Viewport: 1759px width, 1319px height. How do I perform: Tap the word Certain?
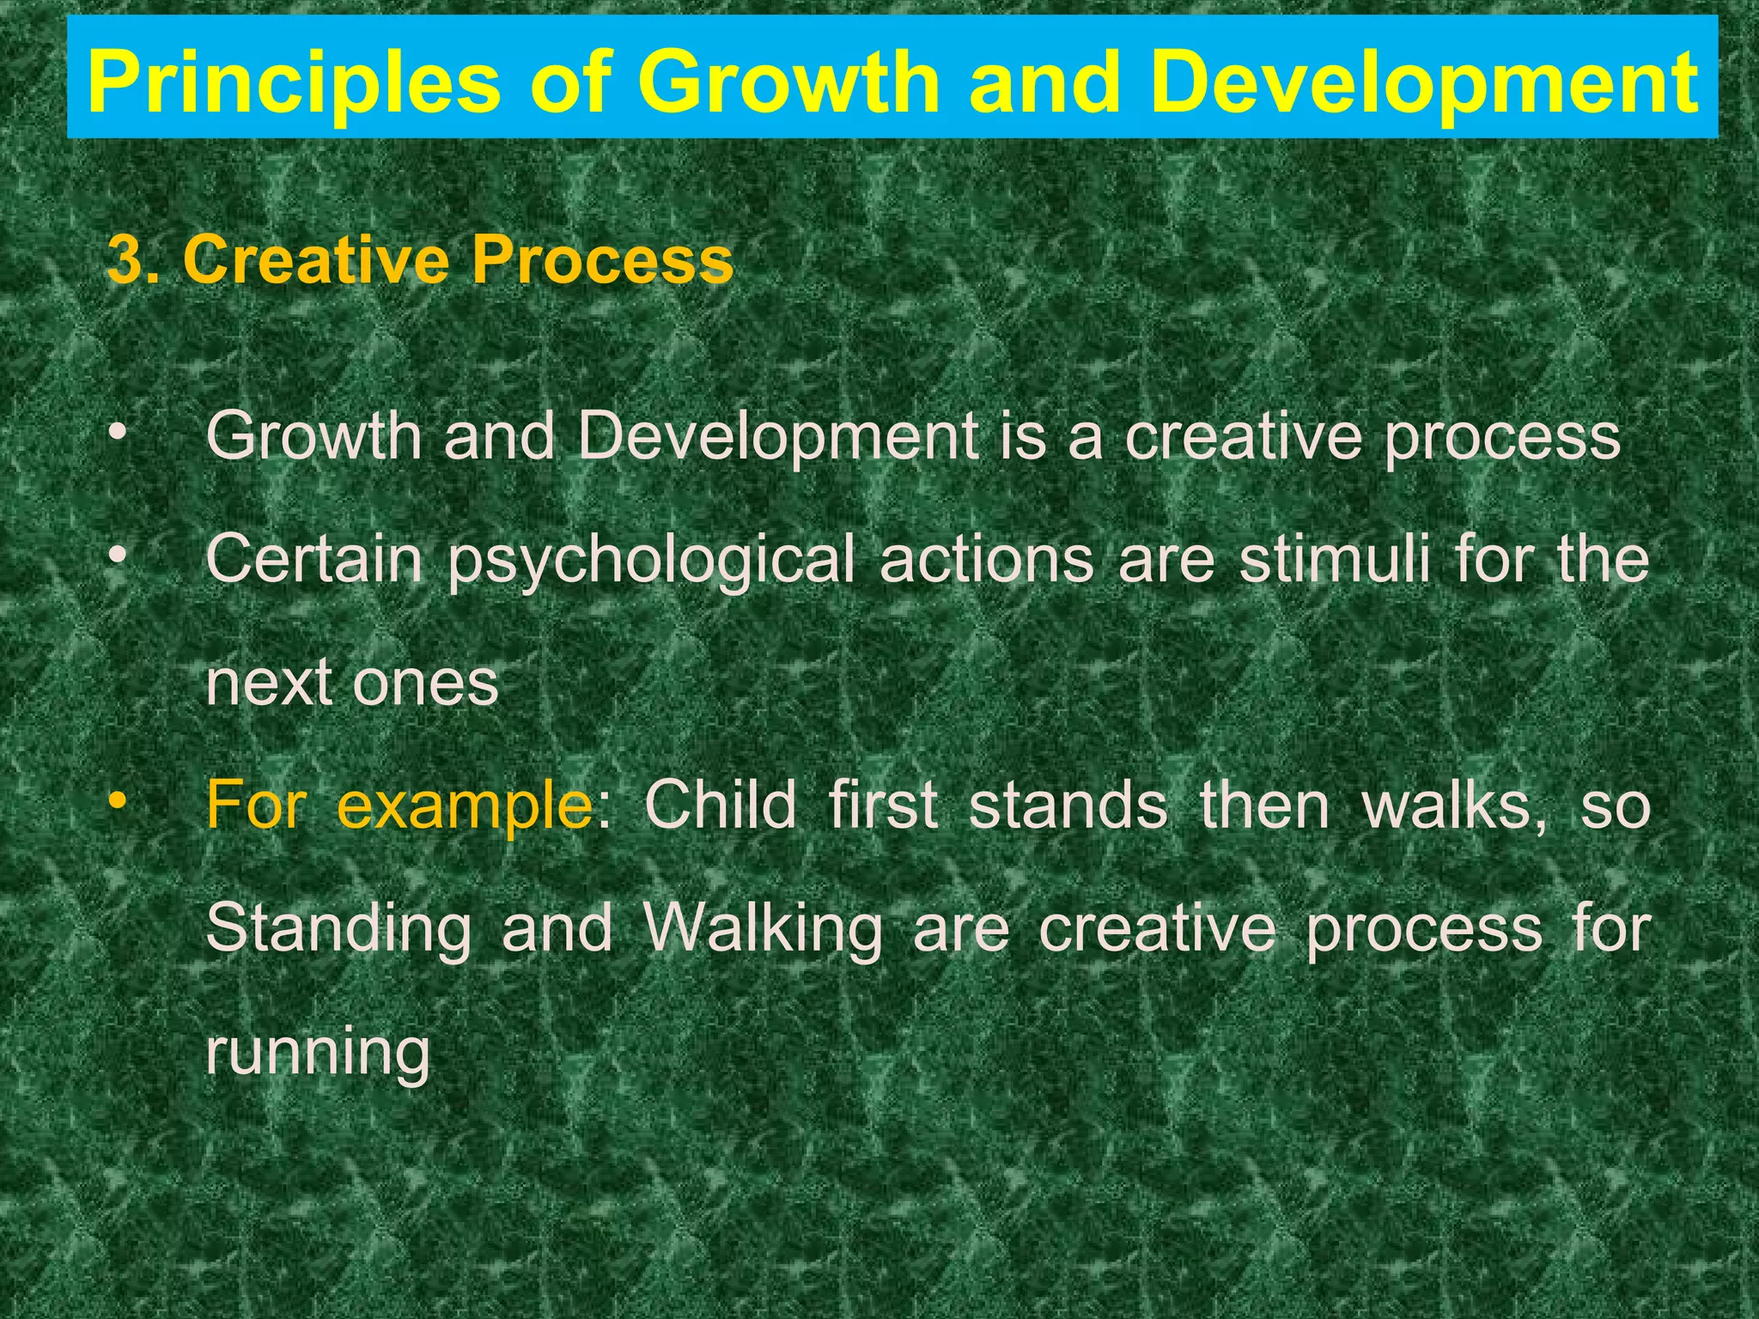point(314,559)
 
